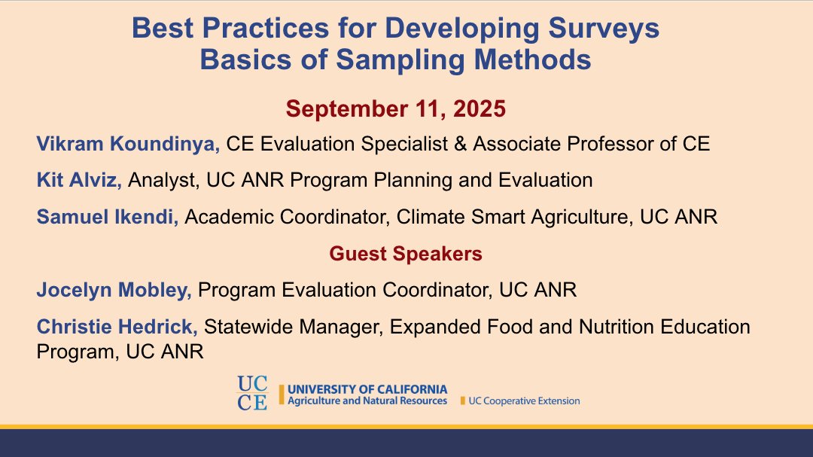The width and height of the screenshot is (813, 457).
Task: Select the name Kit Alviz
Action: click(x=81, y=180)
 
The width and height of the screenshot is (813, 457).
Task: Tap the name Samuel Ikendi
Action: click(x=108, y=217)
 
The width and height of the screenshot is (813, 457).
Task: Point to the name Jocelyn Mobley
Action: click(x=114, y=290)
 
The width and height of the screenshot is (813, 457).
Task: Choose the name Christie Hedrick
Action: click(x=117, y=327)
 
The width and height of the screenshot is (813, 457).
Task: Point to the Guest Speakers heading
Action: click(x=406, y=254)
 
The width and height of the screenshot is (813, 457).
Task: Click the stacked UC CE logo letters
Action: click(x=252, y=392)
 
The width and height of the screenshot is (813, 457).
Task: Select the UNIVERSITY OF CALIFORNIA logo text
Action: click(x=367, y=389)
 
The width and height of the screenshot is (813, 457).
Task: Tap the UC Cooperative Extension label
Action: click(x=524, y=401)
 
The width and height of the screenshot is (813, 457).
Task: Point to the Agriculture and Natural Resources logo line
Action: click(x=367, y=401)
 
